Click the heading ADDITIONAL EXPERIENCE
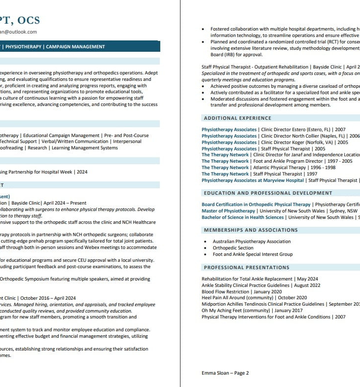237,118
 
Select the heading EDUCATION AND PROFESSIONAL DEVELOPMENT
268,193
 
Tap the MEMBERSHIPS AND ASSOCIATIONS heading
251,230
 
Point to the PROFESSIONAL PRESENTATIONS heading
247,268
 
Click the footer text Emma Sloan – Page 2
225,373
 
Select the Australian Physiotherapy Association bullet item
252,242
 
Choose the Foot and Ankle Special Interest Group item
252,254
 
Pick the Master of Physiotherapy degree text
228,211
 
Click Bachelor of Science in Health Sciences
243,217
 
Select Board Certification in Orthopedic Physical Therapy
256,205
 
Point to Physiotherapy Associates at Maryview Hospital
252,180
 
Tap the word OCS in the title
29,20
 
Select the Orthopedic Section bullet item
233,248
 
